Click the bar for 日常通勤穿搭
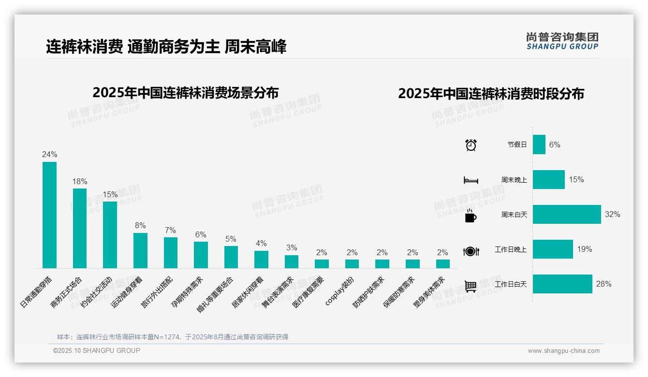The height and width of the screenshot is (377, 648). [49, 215]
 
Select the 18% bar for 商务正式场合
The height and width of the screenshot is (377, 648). [80, 228]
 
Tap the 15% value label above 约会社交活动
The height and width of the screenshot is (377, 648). [110, 194]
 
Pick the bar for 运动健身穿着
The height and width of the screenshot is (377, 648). [140, 250]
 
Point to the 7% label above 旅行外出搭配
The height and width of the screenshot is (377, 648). [170, 230]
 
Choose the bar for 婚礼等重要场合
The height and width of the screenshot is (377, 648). [231, 257]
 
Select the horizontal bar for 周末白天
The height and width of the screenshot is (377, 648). [567, 214]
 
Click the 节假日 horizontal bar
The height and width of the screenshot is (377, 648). [539, 145]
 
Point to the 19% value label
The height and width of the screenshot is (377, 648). [584, 249]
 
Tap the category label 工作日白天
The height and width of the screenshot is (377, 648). [511, 284]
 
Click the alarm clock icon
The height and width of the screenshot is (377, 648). [471, 145]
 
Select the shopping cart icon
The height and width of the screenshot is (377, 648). [471, 286]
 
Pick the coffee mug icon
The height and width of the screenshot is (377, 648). [471, 216]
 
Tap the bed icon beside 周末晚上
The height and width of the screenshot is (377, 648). [471, 180]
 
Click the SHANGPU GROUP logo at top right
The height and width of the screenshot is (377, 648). [562, 41]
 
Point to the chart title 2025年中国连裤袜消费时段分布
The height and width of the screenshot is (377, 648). [491, 93]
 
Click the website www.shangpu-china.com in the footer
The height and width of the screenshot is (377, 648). [563, 351]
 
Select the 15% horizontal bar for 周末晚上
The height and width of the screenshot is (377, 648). [549, 179]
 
